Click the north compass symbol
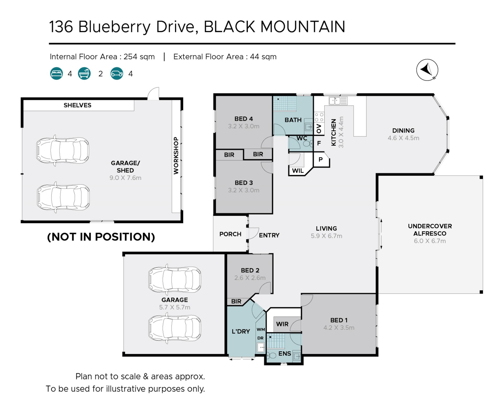point(427,70)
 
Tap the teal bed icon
point(56,73)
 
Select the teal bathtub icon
point(84,73)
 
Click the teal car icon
point(117,73)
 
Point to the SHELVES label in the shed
point(77,105)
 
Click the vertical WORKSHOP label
point(176,155)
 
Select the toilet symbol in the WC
point(307,144)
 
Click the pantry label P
point(321,159)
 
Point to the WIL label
point(298,171)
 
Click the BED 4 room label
point(244,119)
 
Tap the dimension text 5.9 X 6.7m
point(326,236)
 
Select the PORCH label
point(230,234)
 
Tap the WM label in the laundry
point(261,329)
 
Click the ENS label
point(285,354)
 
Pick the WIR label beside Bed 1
point(282,324)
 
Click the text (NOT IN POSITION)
point(101,237)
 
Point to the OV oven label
point(319,129)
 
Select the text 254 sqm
point(139,57)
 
